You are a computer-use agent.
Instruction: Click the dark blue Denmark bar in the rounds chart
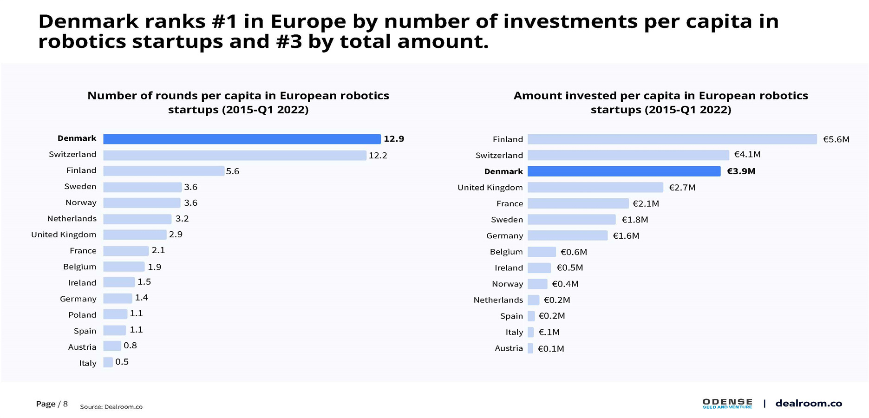(x=242, y=139)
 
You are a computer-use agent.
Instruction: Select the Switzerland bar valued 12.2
(x=235, y=155)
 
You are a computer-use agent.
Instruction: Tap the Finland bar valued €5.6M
(x=672, y=139)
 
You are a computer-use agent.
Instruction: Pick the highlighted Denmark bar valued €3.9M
(x=624, y=171)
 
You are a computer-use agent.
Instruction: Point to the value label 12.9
(x=394, y=139)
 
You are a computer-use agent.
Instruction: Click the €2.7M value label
(x=682, y=188)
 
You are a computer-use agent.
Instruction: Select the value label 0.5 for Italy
(x=122, y=362)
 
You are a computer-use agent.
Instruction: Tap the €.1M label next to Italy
(x=549, y=332)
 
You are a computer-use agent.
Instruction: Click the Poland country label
(x=82, y=315)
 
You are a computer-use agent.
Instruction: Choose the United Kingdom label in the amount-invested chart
(x=490, y=188)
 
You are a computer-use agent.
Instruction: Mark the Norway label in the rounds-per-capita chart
(x=81, y=202)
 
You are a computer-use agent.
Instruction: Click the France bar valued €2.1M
(x=578, y=203)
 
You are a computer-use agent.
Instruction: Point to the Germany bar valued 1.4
(x=118, y=298)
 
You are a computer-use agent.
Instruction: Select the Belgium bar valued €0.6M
(x=542, y=252)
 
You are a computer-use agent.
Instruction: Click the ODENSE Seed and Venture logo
(x=727, y=403)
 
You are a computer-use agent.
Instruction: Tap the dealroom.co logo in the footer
(x=809, y=403)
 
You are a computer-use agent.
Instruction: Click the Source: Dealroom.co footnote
(x=111, y=407)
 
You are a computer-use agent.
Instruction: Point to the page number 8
(x=65, y=404)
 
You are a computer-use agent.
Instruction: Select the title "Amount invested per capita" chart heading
(x=660, y=102)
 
